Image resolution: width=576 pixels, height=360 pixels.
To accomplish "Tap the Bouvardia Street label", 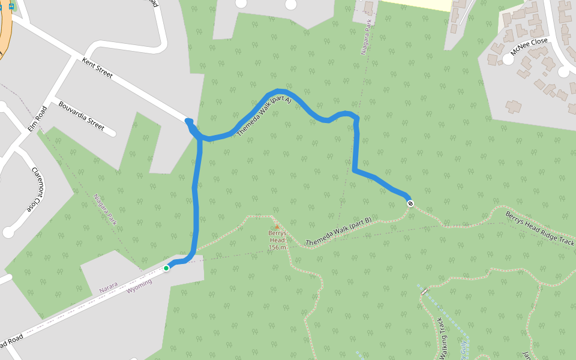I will [82, 116].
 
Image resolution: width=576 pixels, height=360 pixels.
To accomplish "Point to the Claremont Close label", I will [37, 190].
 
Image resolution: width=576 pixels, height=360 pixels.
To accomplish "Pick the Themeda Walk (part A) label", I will [263, 116].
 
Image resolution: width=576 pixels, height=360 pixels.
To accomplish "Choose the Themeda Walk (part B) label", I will [338, 232].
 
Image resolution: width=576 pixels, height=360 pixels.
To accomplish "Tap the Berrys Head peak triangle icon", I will [277, 227].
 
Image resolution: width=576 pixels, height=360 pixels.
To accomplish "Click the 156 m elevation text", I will [277, 247].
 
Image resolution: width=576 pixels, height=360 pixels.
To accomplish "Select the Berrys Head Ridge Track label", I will [539, 228].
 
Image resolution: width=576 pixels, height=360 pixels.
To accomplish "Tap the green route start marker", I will [166, 268].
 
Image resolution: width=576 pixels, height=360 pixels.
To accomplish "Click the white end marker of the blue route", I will [410, 203].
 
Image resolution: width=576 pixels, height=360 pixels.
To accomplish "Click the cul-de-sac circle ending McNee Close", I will [563, 72].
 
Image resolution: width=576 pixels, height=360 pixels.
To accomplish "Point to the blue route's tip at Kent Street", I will [188, 121].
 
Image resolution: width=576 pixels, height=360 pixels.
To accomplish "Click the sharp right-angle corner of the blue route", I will [355, 172].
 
